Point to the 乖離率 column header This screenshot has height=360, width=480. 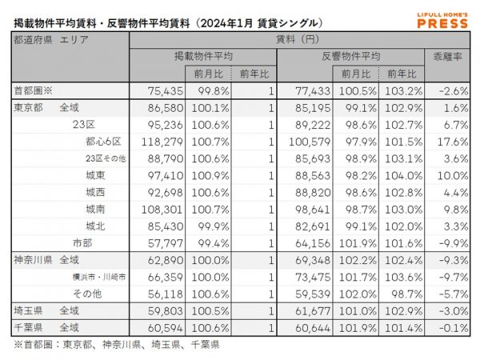[x=446, y=57]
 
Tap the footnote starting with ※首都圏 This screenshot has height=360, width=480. [x=116, y=345]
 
